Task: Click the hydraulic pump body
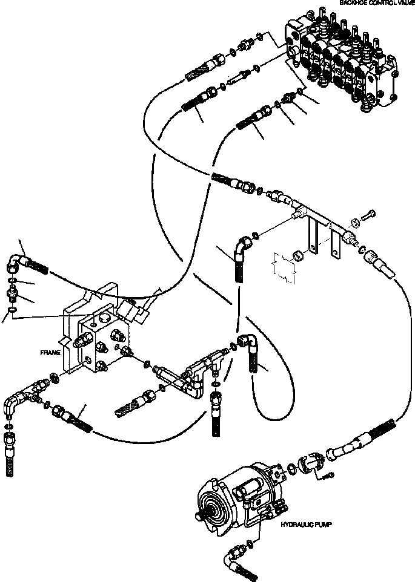pyautogui.click(x=236, y=495)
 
